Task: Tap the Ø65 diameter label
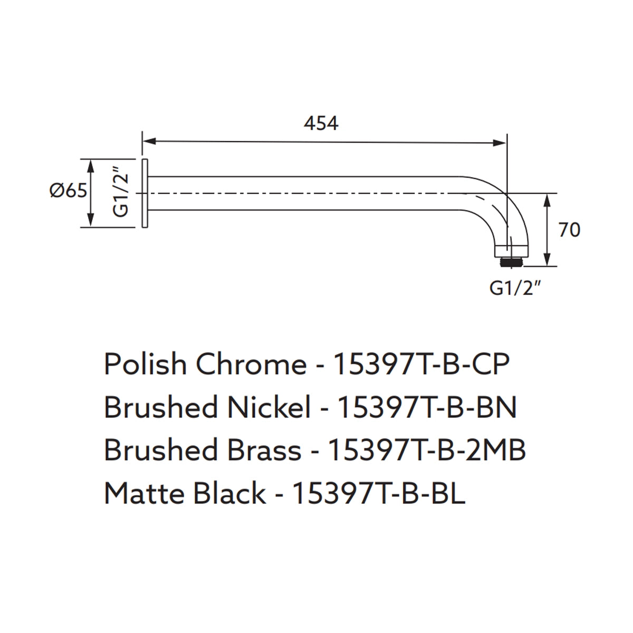pos(68,190)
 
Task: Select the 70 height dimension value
pos(569,230)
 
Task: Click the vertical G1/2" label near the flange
pos(121,192)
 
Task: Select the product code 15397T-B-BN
pos(426,408)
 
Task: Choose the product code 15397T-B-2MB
pos(427,450)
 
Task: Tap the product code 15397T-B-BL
pos(378,494)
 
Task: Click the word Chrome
pos(250,365)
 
